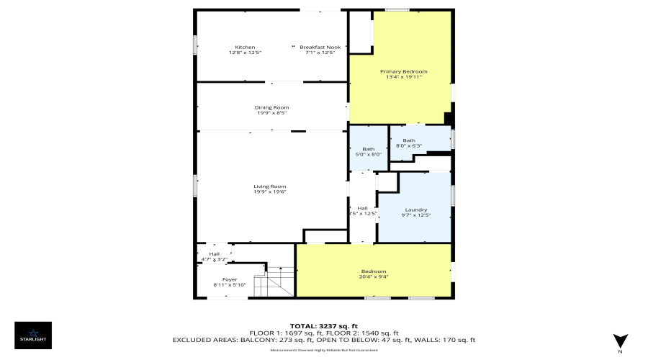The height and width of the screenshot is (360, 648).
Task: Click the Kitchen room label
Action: point(245,48)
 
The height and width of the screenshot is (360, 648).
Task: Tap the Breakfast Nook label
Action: point(320,48)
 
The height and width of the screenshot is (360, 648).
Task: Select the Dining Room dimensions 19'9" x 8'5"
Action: point(271,113)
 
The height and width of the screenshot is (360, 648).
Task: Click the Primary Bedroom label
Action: point(404,71)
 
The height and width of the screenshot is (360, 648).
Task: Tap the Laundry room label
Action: point(415,210)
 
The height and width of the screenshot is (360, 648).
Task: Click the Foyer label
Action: point(230,279)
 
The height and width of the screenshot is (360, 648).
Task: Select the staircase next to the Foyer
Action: point(277,282)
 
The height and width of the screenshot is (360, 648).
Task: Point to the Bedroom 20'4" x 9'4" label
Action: point(374,271)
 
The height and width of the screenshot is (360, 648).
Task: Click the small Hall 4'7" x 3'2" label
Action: point(214,254)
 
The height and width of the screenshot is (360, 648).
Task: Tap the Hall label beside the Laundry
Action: point(363,208)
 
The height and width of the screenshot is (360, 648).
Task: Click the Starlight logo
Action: point(33,335)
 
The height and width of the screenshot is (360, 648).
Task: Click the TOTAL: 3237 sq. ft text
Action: point(323,326)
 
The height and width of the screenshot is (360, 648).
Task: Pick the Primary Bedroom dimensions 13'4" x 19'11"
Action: point(404,77)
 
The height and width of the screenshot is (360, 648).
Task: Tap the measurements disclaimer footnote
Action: point(323,350)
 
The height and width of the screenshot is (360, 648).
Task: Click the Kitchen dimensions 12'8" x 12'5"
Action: point(245,53)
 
